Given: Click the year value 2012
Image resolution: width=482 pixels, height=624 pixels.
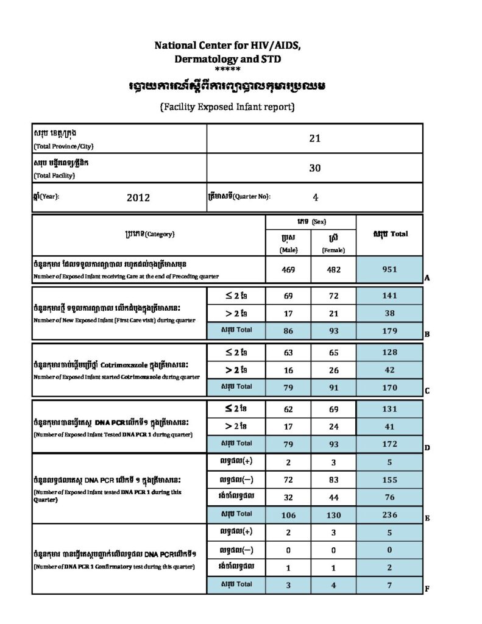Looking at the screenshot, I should click(x=138, y=197).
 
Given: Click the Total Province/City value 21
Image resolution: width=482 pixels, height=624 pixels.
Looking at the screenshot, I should click(x=314, y=138).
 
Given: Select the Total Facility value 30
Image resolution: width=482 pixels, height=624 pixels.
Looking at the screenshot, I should click(x=314, y=168).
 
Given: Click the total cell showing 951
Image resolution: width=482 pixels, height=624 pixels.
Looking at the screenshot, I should click(x=389, y=270).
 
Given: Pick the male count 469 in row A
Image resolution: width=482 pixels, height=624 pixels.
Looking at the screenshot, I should click(x=288, y=270).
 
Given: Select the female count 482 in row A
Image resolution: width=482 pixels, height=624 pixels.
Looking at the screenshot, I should click(x=333, y=270).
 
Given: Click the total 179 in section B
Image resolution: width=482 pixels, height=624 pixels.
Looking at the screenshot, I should click(x=389, y=331).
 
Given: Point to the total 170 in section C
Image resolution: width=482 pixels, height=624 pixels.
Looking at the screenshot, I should click(x=389, y=387).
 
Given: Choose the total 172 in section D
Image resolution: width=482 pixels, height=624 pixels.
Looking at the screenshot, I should click(x=389, y=444).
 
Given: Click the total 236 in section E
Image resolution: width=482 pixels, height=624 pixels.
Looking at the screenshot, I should click(x=389, y=515).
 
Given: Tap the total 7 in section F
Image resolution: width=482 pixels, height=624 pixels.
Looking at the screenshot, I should click(x=389, y=585).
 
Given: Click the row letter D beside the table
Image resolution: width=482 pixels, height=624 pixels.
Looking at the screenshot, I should click(x=427, y=448).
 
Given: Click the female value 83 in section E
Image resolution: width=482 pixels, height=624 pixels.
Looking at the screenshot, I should click(x=333, y=480).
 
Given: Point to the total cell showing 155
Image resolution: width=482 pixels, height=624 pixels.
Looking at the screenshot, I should click(x=389, y=480).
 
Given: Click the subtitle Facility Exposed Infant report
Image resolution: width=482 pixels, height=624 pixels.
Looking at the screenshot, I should click(x=227, y=107).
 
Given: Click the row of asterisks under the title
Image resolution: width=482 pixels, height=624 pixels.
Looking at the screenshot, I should click(x=228, y=69).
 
